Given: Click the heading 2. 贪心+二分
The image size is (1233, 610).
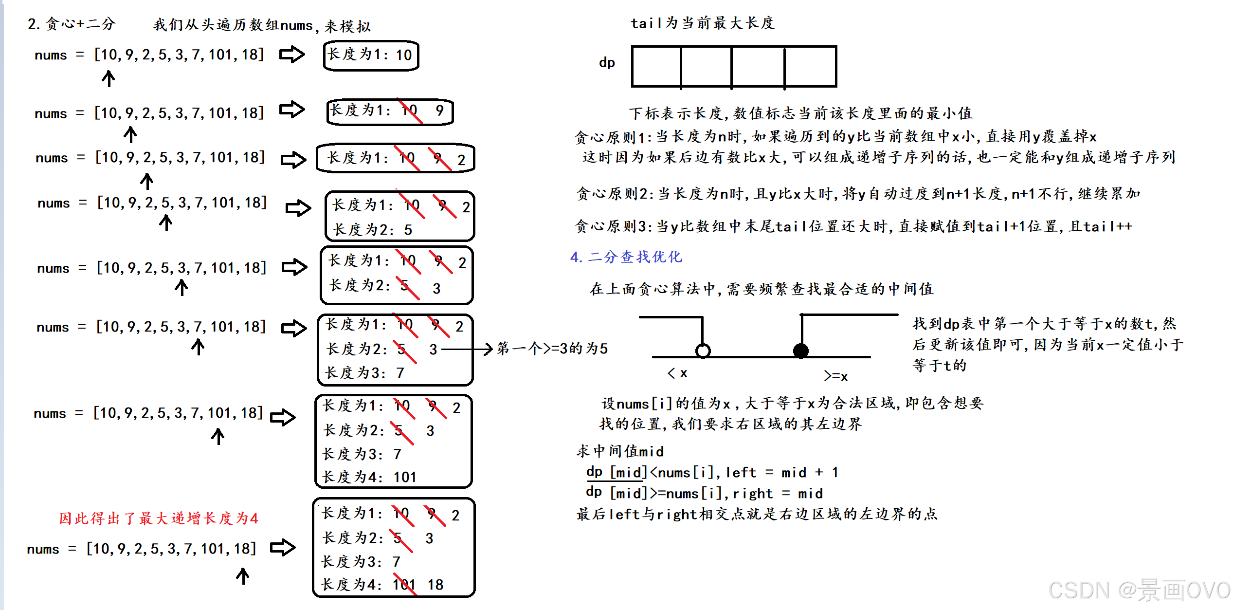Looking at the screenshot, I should (x=72, y=24).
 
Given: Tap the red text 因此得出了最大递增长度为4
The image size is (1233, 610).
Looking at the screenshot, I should (x=159, y=518).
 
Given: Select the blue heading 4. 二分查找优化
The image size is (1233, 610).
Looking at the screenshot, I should (x=626, y=257).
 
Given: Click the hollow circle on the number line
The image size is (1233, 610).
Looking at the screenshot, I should (x=703, y=351).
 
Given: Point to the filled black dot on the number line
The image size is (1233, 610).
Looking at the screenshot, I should (x=801, y=351).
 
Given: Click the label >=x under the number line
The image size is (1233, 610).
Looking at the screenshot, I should (x=835, y=376).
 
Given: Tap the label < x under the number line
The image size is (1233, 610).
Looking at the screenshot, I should (x=677, y=373).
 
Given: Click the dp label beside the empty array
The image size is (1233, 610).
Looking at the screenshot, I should (x=607, y=62).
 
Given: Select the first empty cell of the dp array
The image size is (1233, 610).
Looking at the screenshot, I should (x=656, y=67).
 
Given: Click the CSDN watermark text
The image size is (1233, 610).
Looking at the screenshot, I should (x=1139, y=590).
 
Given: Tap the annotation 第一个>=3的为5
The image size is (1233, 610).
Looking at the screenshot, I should (x=552, y=349).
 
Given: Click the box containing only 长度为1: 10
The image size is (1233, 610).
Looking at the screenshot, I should (x=371, y=55).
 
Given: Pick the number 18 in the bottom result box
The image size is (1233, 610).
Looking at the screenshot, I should (x=435, y=584).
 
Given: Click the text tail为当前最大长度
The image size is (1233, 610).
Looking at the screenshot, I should (x=702, y=23).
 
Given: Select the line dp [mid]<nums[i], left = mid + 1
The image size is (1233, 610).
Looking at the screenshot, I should (x=712, y=472).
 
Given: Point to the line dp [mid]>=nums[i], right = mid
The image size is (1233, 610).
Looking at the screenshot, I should (x=704, y=493).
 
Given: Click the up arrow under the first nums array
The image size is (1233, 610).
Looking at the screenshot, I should (x=109, y=78).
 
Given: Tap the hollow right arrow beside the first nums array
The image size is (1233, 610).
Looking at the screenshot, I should (x=292, y=54).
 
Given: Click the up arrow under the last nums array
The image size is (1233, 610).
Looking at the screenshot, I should (x=243, y=576).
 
